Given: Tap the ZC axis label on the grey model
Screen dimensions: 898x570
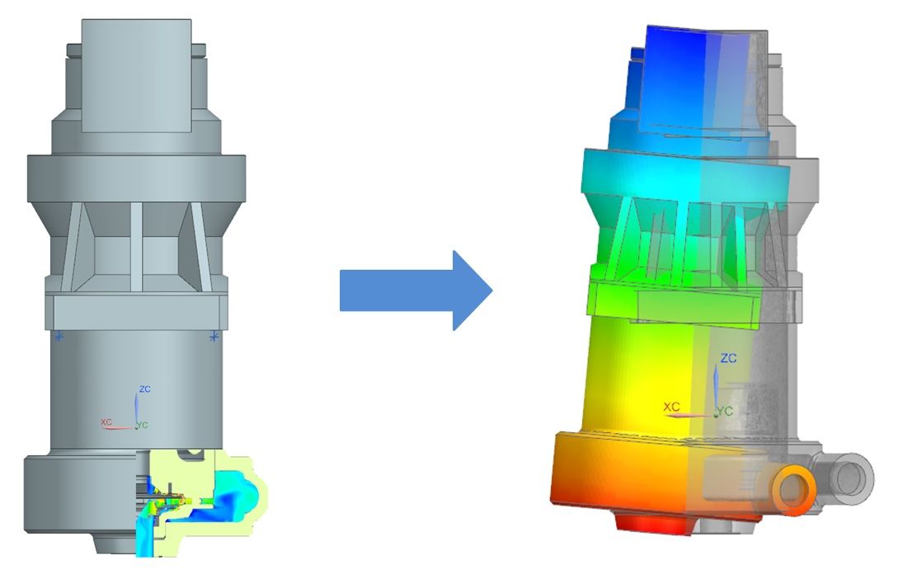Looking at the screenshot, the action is pyautogui.click(x=145, y=389).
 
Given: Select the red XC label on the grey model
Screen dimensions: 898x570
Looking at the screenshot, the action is pyautogui.click(x=106, y=422).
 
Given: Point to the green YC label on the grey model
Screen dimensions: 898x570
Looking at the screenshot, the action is pyautogui.click(x=143, y=425).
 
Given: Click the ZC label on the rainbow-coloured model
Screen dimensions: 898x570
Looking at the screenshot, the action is pyautogui.click(x=728, y=358).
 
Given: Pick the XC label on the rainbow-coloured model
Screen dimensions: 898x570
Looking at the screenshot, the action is pyautogui.click(x=672, y=407).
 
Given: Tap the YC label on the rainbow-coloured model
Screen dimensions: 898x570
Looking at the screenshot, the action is pyautogui.click(x=725, y=412).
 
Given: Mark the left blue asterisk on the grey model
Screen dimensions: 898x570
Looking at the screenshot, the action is pyautogui.click(x=59, y=337).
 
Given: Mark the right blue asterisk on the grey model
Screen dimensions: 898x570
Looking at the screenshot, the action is pyautogui.click(x=214, y=337).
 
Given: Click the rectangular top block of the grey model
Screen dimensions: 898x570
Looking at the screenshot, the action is pyautogui.click(x=136, y=76).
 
